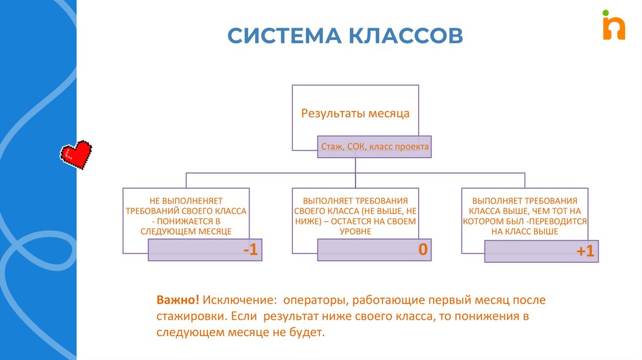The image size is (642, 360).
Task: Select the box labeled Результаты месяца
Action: (x=355, y=114)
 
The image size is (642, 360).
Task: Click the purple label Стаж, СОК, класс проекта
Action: (x=375, y=147)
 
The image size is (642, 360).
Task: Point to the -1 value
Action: (x=250, y=250)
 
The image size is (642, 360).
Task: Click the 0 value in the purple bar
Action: (x=423, y=250)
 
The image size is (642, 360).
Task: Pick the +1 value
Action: (x=585, y=251)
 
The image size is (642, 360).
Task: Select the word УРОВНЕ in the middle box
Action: (x=355, y=231)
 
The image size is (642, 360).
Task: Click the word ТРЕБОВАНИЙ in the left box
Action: (x=152, y=211)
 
